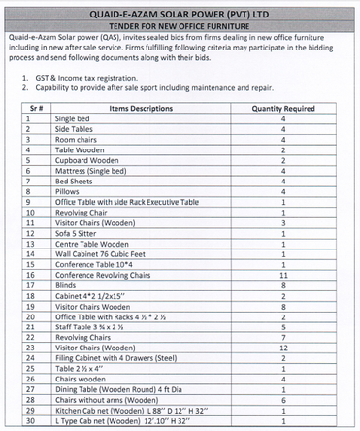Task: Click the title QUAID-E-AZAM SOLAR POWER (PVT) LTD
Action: [x=180, y=10]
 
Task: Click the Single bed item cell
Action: [x=73, y=117]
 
